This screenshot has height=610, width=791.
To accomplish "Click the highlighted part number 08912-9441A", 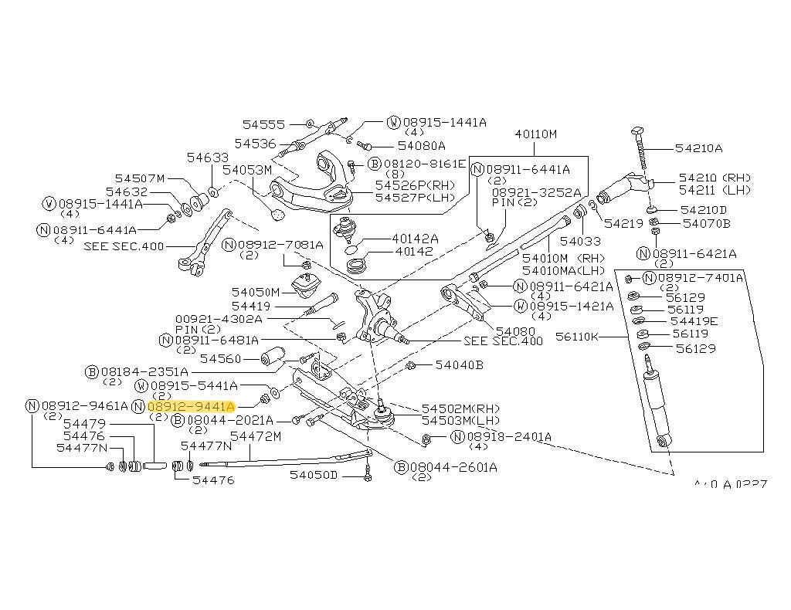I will tap(190, 405).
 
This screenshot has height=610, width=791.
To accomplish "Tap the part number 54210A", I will tap(698, 148).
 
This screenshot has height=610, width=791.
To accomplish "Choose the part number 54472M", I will tap(255, 437).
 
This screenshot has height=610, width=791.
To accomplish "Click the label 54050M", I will tap(256, 292).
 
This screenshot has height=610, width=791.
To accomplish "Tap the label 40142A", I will tap(415, 239).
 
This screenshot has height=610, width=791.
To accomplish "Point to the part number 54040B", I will tap(459, 364).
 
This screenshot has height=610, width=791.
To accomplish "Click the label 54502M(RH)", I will tap(461, 408).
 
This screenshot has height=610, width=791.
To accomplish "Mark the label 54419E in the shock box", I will tap(693, 320).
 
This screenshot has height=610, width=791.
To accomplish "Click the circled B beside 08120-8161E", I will tap(374, 164).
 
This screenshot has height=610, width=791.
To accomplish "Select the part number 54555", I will tap(263, 124).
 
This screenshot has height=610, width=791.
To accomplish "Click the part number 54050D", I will tap(314, 475).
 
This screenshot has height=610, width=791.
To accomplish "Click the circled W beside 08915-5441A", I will tap(141, 385).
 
